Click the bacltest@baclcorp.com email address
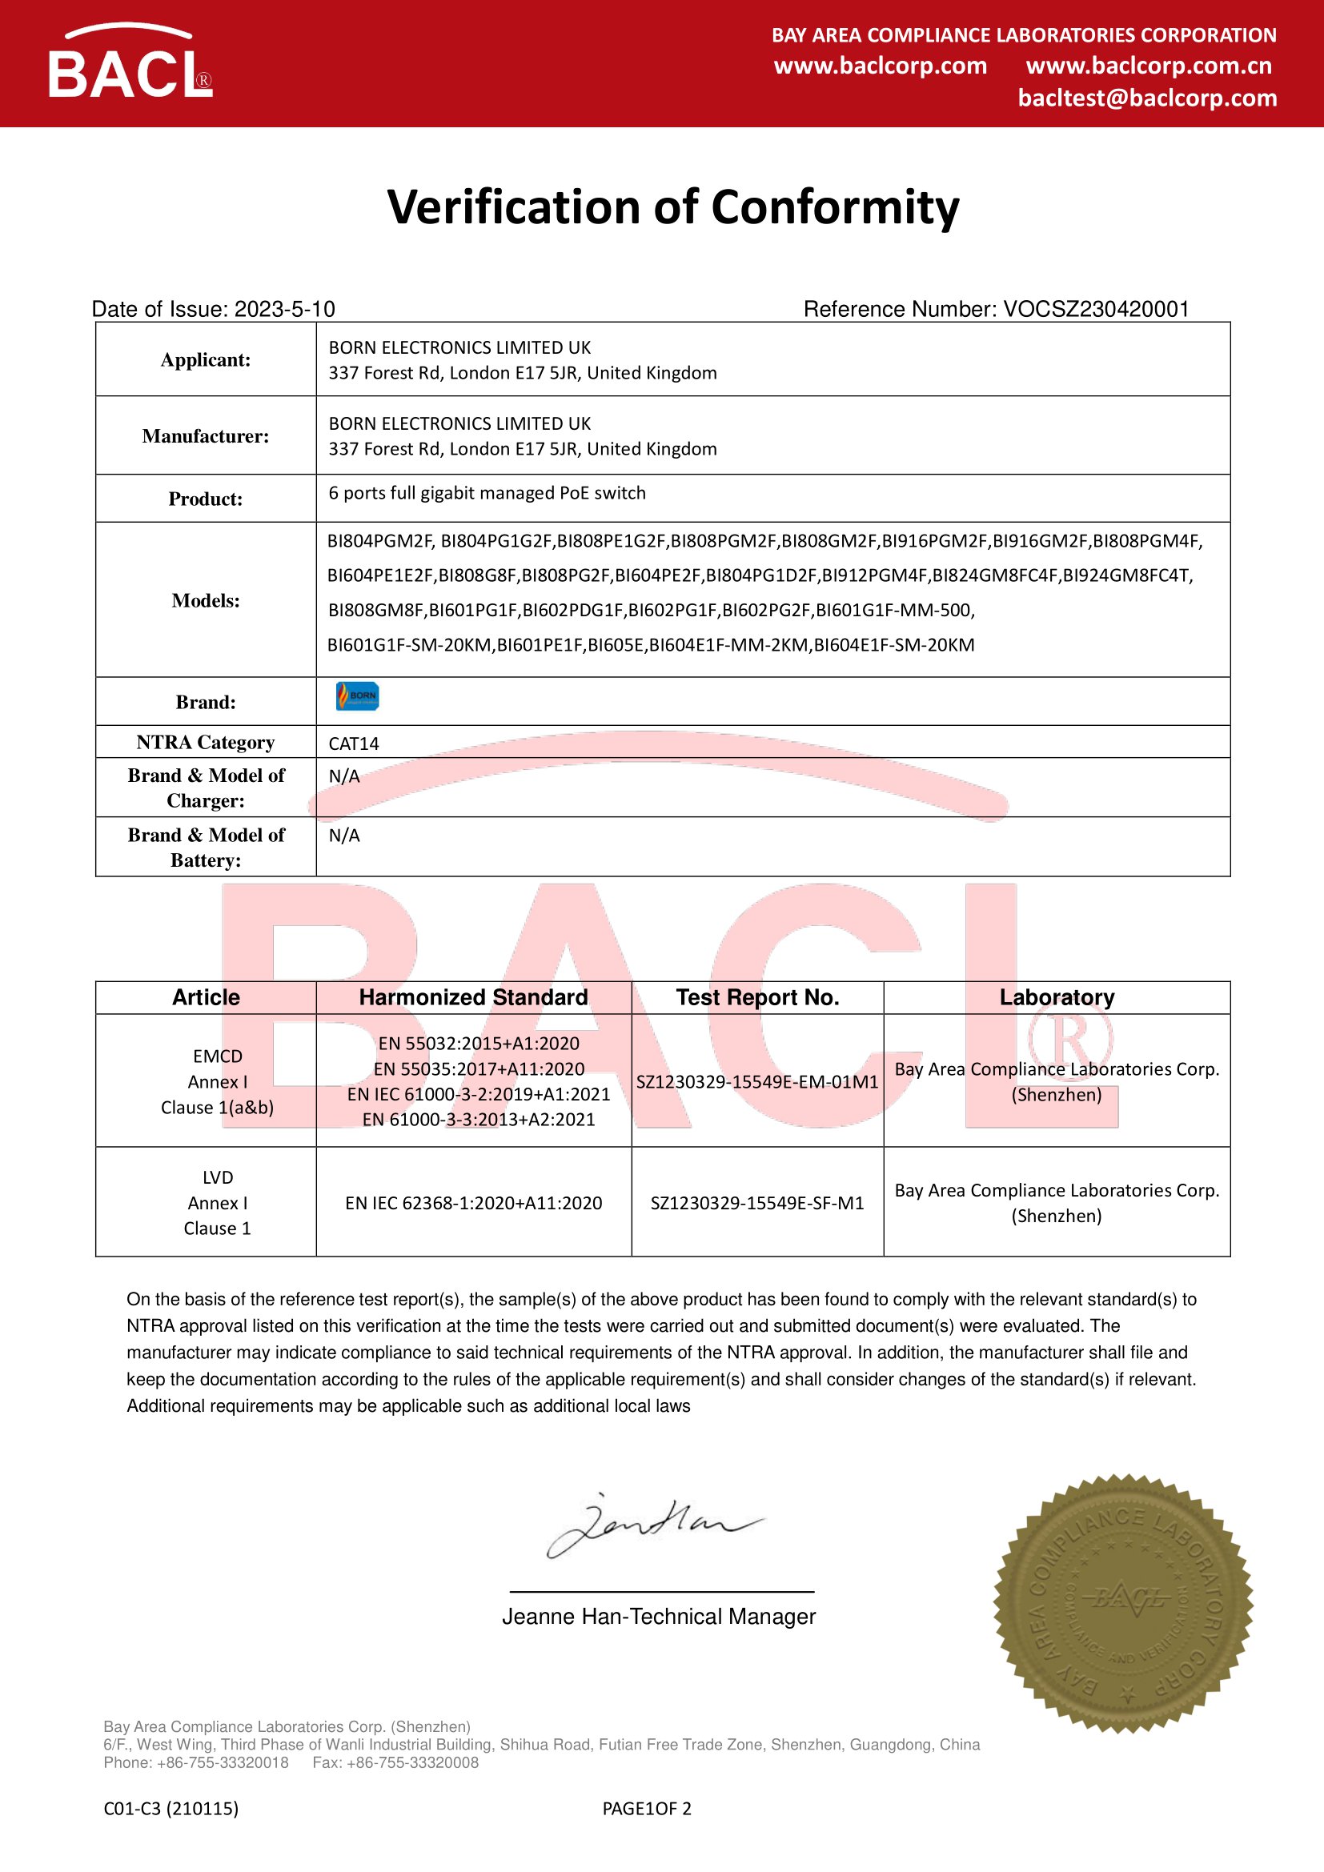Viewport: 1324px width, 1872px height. coord(1147,98)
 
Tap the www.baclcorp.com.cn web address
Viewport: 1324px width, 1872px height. coord(1149,66)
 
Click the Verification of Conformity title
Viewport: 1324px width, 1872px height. coord(672,207)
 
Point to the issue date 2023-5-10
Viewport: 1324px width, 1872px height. coord(284,309)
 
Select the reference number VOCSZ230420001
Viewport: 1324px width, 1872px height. coord(1096,309)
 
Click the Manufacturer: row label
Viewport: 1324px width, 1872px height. coord(206,436)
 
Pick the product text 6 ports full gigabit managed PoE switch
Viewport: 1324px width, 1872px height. coord(487,493)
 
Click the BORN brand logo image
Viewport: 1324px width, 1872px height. coord(357,696)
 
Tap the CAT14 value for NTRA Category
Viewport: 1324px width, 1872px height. coord(354,744)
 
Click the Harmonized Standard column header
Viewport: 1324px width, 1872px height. coord(473,997)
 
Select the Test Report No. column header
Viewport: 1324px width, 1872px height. coord(757,997)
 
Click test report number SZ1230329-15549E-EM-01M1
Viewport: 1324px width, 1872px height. coord(757,1082)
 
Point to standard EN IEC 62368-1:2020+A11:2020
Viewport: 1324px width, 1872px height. coord(473,1203)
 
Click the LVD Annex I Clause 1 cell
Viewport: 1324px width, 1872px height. coord(217,1203)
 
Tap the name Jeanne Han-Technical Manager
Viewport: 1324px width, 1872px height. coord(659,1617)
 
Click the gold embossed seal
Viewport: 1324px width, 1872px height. coord(1122,1605)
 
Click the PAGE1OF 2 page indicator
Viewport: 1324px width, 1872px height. coord(647,1809)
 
